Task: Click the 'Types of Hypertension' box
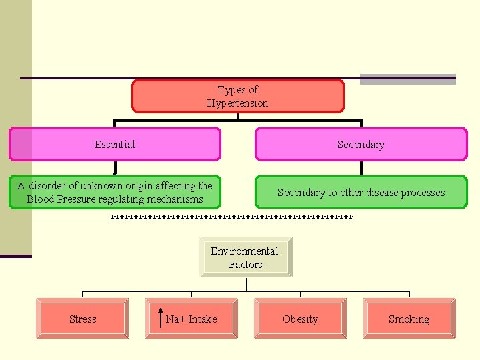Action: click(x=238, y=96)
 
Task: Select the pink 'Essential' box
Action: click(x=115, y=145)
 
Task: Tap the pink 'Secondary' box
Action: click(x=361, y=145)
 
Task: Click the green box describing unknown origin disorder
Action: click(x=115, y=192)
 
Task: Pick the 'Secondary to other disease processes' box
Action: click(x=361, y=192)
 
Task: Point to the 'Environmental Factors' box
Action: click(x=245, y=257)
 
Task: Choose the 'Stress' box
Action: click(x=83, y=319)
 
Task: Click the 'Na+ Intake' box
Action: click(x=191, y=319)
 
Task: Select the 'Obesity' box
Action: click(x=300, y=319)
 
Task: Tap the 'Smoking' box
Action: click(x=409, y=319)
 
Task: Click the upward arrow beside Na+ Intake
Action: click(x=160, y=319)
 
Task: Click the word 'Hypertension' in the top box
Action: click(x=238, y=103)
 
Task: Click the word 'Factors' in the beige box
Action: click(x=245, y=265)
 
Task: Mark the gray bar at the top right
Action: click(x=407, y=79)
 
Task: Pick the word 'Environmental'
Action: click(x=245, y=251)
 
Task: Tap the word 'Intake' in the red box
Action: click(x=203, y=319)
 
